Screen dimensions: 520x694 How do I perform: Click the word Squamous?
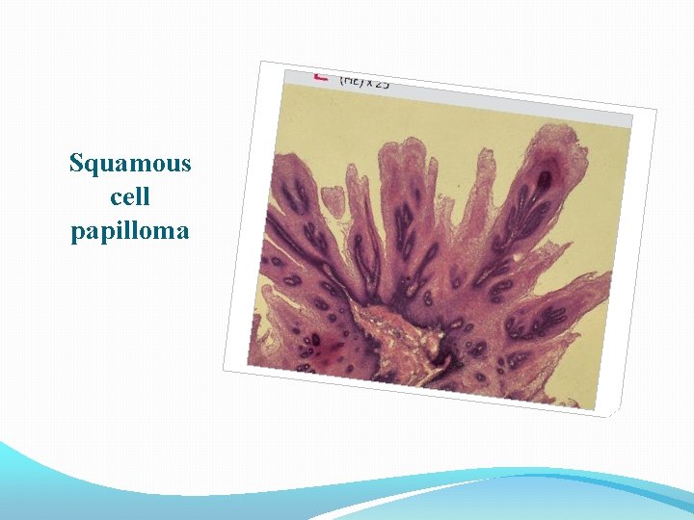tap(130, 163)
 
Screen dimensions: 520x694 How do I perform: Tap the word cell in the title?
tap(130, 197)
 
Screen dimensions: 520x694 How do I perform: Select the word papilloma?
tap(130, 231)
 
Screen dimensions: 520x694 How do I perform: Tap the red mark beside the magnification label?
tap(321, 75)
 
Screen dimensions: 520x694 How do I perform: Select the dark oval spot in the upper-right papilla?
tap(545, 178)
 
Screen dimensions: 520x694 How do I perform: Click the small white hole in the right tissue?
tap(520, 256)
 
